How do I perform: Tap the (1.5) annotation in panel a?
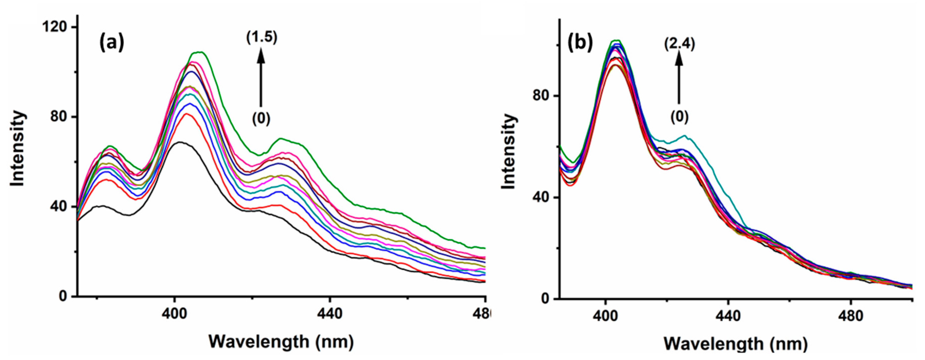pos(262,37)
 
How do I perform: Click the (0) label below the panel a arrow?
pos(261,118)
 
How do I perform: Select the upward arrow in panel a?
pos(261,77)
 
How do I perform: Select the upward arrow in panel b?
pos(679,77)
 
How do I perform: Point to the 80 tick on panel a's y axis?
pos(58,117)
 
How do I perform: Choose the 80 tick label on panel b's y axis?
pos(543,96)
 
